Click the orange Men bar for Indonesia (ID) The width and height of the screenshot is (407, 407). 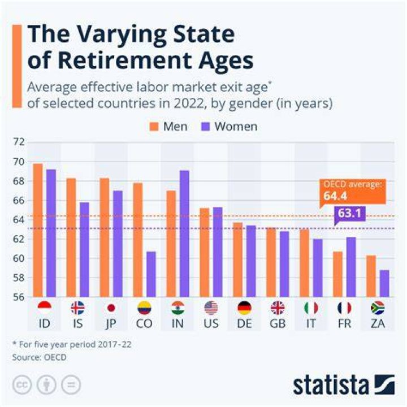[x=38, y=230]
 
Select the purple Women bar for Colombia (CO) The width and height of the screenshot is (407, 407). [x=151, y=274]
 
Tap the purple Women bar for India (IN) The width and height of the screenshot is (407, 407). [x=184, y=233]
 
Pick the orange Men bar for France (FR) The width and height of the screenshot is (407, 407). [x=337, y=274]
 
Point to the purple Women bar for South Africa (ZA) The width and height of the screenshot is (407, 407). [x=384, y=283]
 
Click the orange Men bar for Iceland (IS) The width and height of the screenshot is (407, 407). [x=71, y=237]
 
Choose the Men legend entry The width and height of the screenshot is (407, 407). [x=168, y=127]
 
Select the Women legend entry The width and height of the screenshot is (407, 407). [x=229, y=127]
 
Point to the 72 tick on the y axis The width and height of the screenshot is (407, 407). [x=19, y=142]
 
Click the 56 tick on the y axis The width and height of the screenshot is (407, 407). [x=19, y=297]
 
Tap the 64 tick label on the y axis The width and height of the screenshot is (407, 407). [x=19, y=220]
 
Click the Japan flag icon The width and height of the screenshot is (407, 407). [x=111, y=308]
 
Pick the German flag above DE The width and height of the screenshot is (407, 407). [x=245, y=308]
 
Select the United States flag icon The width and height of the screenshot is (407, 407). [x=211, y=308]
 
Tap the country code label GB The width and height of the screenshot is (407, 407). [x=278, y=324]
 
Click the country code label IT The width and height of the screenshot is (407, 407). [x=311, y=324]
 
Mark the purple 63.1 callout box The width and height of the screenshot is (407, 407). [x=350, y=214]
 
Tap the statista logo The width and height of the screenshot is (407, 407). [x=344, y=385]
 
